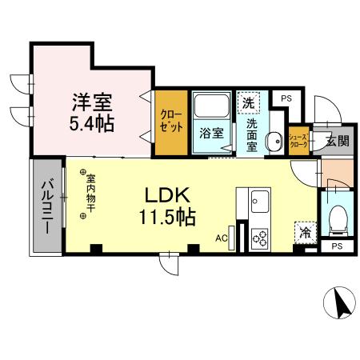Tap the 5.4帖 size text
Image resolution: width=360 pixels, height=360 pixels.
tap(92, 125)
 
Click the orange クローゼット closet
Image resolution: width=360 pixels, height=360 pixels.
tap(170, 122)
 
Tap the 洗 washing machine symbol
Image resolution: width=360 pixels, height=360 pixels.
tap(249, 102)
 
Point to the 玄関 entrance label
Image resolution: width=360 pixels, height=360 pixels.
tap(336, 142)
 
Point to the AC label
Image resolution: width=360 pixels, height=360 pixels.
tap(222, 237)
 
